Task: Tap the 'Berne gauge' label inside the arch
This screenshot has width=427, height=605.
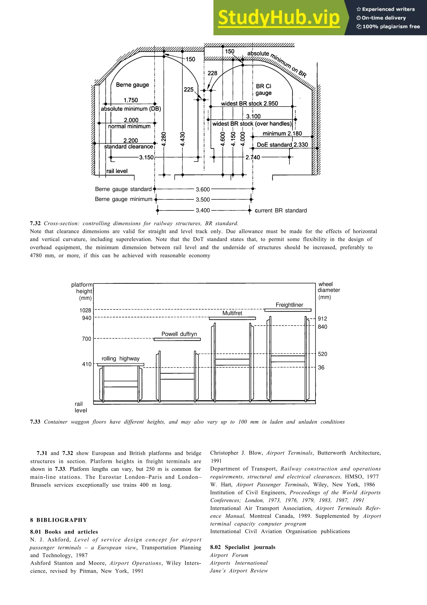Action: pos(132,85)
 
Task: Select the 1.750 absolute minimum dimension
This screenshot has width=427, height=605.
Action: pos(131,100)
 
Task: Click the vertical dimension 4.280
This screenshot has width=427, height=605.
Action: pos(164,139)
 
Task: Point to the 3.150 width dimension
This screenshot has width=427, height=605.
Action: pos(146,157)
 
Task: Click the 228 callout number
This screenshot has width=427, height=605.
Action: pos(212,73)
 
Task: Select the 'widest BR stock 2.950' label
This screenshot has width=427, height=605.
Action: pos(249,104)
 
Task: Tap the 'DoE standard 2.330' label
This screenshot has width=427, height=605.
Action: pos(282,145)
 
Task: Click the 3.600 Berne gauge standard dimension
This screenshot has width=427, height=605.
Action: pos(203,190)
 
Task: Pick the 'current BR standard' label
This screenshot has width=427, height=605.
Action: pos(281,210)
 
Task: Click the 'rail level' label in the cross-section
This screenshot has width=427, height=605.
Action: pos(117,171)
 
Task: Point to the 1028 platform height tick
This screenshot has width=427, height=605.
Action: pos(85,310)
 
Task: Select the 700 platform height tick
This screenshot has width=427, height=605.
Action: pos(87,339)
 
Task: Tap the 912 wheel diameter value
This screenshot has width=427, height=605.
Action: pos(322,319)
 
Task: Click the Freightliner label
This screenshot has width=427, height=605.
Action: pos(289,305)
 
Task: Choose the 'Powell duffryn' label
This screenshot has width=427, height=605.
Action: pos(179,334)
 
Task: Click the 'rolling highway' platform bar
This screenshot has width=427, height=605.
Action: pos(121,365)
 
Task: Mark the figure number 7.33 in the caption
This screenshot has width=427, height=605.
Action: pos(35,422)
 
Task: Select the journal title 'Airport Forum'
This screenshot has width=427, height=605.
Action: pos(229,555)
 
